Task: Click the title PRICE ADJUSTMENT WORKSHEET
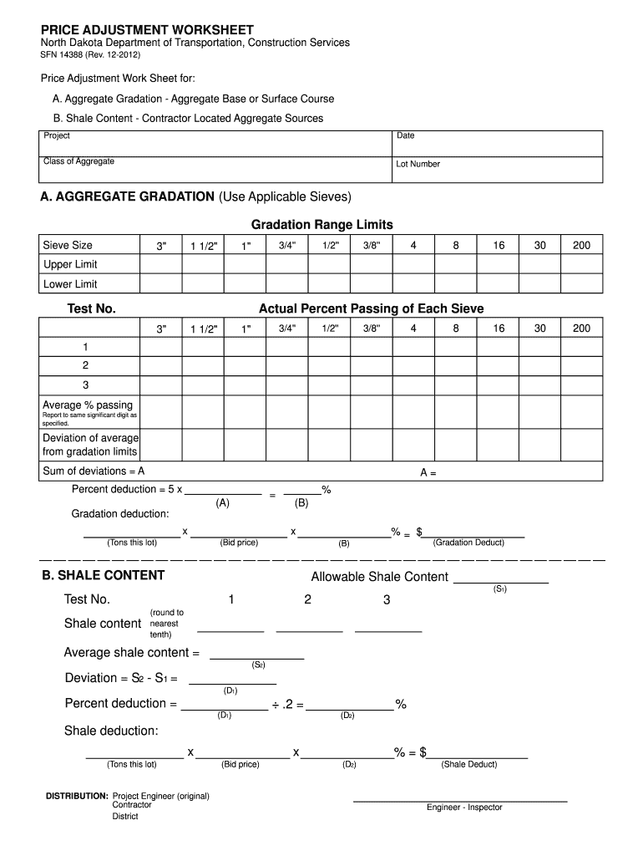tap(147, 29)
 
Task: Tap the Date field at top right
tap(497, 143)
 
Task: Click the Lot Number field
tap(497, 170)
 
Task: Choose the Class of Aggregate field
tap(217, 170)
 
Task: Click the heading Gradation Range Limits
tap(321, 225)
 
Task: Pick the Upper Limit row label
tap(70, 265)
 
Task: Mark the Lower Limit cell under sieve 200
tap(581, 284)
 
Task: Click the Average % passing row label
tap(88, 405)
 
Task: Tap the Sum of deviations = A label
tap(94, 471)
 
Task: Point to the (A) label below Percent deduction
tap(222, 503)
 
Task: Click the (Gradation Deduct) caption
tap(468, 543)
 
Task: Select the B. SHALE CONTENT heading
tap(104, 575)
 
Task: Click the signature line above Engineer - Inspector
tap(460, 800)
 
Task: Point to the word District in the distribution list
tap(125, 817)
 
